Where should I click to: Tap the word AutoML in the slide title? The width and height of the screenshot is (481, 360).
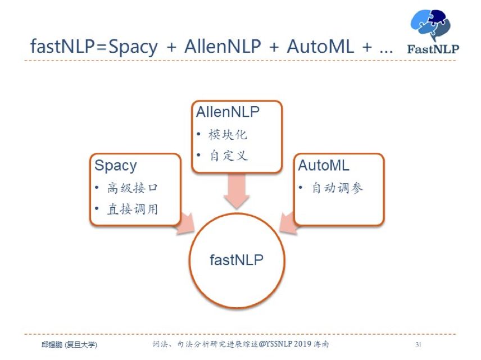point(321,47)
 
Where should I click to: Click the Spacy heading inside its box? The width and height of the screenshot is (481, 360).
point(115,166)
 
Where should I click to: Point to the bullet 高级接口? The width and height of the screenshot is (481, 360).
point(129,188)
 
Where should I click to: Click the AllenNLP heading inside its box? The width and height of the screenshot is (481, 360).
point(228,112)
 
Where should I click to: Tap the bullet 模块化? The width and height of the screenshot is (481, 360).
point(228,135)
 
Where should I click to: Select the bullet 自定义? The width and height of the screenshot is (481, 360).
point(228,156)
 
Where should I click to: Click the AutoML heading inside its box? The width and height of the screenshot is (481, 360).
point(324,166)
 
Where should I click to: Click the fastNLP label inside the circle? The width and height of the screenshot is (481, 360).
point(237,259)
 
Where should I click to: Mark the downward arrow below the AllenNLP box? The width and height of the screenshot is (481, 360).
point(237,191)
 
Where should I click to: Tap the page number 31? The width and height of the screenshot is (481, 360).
point(418,344)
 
